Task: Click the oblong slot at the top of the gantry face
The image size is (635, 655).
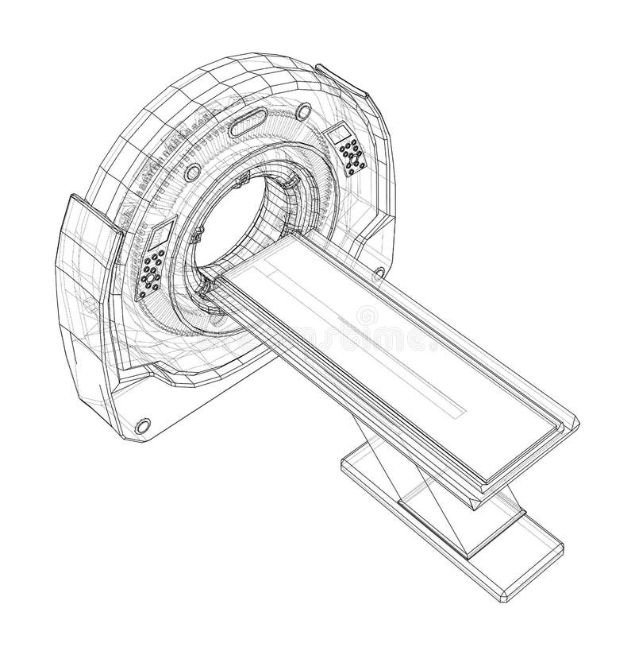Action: [x=248, y=123]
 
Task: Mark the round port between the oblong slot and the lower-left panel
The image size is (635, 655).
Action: [x=192, y=172]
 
